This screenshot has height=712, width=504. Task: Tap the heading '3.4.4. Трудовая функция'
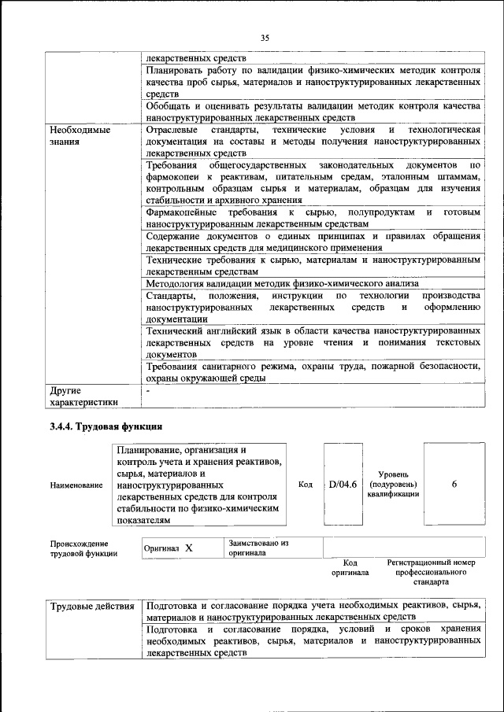pos(106,427)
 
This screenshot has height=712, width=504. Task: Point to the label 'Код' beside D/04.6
pos(306,485)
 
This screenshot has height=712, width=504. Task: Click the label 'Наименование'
pos(76,485)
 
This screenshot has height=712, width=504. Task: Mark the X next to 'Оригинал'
pos(189,548)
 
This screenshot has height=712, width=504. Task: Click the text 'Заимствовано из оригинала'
pos(259,548)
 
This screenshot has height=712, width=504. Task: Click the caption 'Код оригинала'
pos(351,568)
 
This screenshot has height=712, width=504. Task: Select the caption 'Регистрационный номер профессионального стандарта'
pos(431,573)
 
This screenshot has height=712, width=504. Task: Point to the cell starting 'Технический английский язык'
pos(313,343)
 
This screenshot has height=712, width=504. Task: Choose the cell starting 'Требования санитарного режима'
pos(313,371)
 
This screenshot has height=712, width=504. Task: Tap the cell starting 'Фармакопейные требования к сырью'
pos(313,219)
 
